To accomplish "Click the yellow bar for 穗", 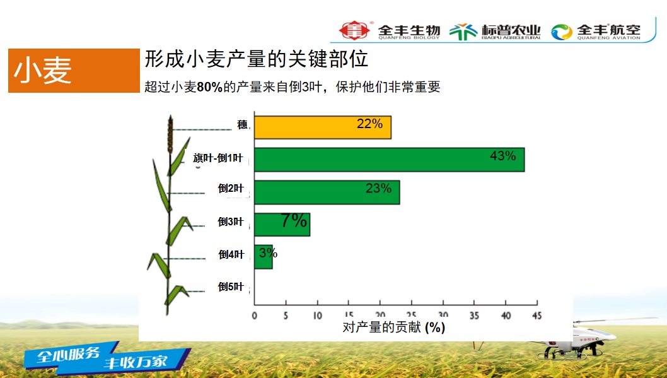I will [322, 127].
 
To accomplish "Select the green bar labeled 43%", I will [389, 160].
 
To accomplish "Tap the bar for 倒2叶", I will [327, 192].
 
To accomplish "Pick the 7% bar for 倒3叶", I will [282, 224].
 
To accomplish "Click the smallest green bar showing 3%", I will [263, 257].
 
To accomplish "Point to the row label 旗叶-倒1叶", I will [217, 158].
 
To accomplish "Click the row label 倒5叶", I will [231, 286].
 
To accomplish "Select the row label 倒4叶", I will [231, 254].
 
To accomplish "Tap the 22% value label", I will [369, 124].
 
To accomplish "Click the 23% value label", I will [378, 188].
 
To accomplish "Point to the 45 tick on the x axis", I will [536, 315].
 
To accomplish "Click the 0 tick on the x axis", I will [254, 315].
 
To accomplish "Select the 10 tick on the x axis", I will [316, 315].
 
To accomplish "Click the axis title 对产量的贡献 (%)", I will [394, 328].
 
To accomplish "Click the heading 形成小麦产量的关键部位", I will [256, 60].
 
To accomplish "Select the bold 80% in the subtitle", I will [209, 88].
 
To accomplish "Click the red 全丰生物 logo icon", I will [352, 30].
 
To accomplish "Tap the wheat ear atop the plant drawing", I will [170, 134].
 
